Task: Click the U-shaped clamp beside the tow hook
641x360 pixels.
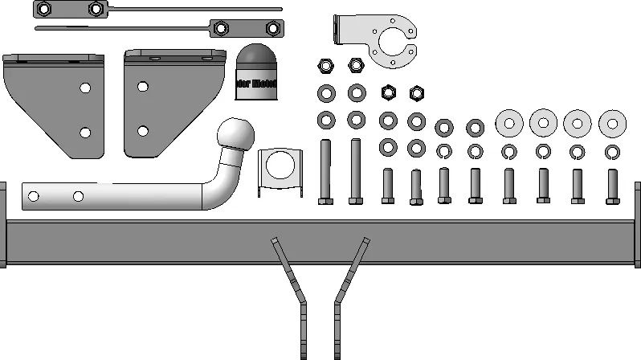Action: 280,171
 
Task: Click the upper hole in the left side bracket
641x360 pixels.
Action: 84,88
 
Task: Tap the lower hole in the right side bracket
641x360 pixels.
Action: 143,130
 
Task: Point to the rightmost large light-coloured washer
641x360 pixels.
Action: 614,124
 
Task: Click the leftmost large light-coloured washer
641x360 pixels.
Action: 509,124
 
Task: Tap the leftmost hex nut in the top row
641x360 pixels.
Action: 325,65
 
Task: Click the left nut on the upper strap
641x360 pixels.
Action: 45,9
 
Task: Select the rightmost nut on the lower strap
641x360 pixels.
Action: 274,29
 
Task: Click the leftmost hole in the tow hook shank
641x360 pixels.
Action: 34,196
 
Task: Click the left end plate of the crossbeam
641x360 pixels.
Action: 2,225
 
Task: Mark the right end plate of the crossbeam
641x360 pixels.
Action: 638,225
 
